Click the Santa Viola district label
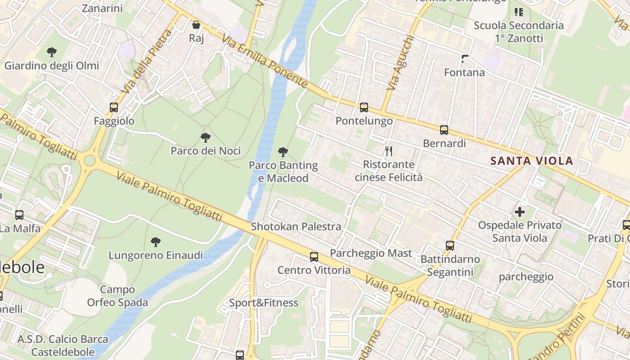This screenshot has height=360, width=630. pyautogui.click(x=531, y=161)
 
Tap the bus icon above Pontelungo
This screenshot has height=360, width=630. pyautogui.click(x=364, y=108)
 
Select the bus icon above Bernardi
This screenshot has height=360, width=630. pyautogui.click(x=444, y=130)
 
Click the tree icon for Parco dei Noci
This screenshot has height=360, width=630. pyautogui.click(x=206, y=137)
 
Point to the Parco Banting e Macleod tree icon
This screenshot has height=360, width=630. pyautogui.click(x=283, y=152)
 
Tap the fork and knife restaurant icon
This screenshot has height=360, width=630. pyautogui.click(x=389, y=151)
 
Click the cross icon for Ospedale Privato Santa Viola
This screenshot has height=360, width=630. pyautogui.click(x=520, y=211)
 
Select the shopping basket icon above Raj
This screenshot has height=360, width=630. pyautogui.click(x=196, y=25)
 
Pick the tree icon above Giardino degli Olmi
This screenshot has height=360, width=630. pyautogui.click(x=52, y=52)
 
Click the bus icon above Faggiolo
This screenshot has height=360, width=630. pyautogui.click(x=114, y=108)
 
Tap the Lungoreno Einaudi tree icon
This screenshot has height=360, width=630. pyautogui.click(x=156, y=242)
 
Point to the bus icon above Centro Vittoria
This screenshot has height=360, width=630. pyautogui.click(x=314, y=257)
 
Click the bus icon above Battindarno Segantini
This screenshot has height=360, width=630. pyautogui.click(x=450, y=246)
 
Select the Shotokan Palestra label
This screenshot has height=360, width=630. pyautogui.click(x=296, y=226)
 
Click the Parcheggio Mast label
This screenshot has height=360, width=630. pyautogui.click(x=371, y=253)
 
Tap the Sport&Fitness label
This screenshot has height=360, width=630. pyautogui.click(x=264, y=303)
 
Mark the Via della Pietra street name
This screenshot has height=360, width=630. pyautogui.click(x=147, y=62)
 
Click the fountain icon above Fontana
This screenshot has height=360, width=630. pyautogui.click(x=465, y=59)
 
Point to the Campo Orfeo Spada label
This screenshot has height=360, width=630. pyautogui.click(x=117, y=296)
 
